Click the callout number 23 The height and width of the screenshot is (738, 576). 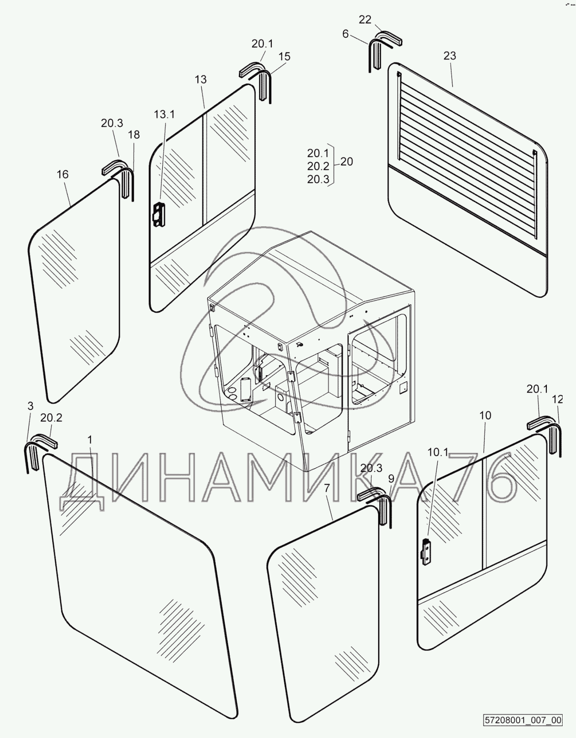(x=449, y=56)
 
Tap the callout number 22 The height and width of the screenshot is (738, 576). (x=365, y=19)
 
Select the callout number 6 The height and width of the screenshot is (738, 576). (x=345, y=34)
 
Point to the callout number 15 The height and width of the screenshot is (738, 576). (x=284, y=56)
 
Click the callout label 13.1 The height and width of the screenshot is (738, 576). (x=165, y=114)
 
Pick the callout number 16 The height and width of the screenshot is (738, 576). (x=62, y=174)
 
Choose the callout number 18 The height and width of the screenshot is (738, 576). (x=134, y=135)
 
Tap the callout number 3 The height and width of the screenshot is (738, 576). (x=31, y=406)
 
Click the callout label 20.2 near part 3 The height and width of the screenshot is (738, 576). (x=51, y=418)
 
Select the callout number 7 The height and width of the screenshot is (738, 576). (x=327, y=488)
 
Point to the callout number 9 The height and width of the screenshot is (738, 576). (x=391, y=478)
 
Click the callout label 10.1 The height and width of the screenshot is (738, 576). (x=438, y=453)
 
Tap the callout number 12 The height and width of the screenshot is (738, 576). (x=558, y=399)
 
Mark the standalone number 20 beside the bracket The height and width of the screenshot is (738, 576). (x=346, y=162)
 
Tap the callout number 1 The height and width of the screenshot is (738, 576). (x=90, y=439)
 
